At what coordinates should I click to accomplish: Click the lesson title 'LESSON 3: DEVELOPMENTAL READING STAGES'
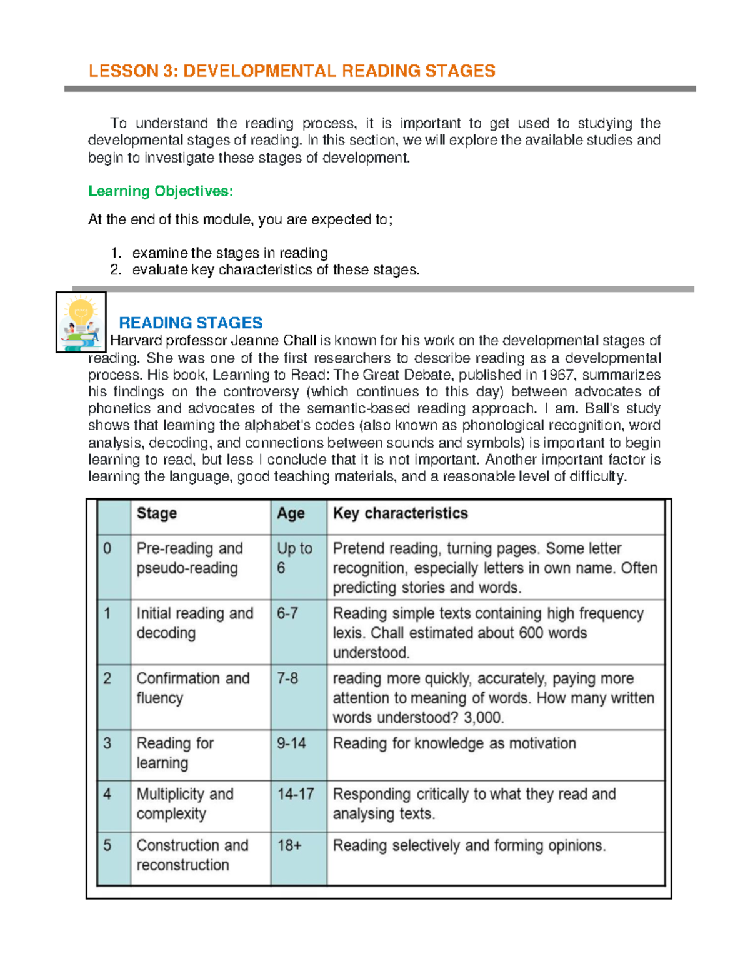(x=292, y=71)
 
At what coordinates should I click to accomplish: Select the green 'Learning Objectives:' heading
(x=160, y=191)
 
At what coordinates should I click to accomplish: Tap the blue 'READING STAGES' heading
(x=191, y=323)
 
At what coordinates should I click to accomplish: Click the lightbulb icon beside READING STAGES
(x=81, y=322)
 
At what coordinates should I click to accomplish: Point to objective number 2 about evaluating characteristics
(x=275, y=270)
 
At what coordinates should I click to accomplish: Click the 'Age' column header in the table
(x=291, y=513)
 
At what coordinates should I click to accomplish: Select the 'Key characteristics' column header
(x=400, y=513)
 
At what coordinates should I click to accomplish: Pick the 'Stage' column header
(x=157, y=513)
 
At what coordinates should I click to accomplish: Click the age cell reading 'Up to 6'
(x=294, y=558)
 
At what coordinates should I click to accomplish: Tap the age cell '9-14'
(x=291, y=743)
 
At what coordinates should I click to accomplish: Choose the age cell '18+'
(x=289, y=845)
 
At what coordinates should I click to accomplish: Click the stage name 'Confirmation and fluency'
(x=192, y=688)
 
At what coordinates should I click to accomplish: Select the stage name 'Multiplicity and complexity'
(x=185, y=803)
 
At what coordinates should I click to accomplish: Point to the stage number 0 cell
(x=107, y=548)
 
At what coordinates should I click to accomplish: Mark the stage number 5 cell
(x=107, y=845)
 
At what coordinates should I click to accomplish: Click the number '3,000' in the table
(x=483, y=718)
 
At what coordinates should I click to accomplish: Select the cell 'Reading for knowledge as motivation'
(x=454, y=743)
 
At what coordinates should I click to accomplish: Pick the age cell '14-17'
(x=296, y=794)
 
